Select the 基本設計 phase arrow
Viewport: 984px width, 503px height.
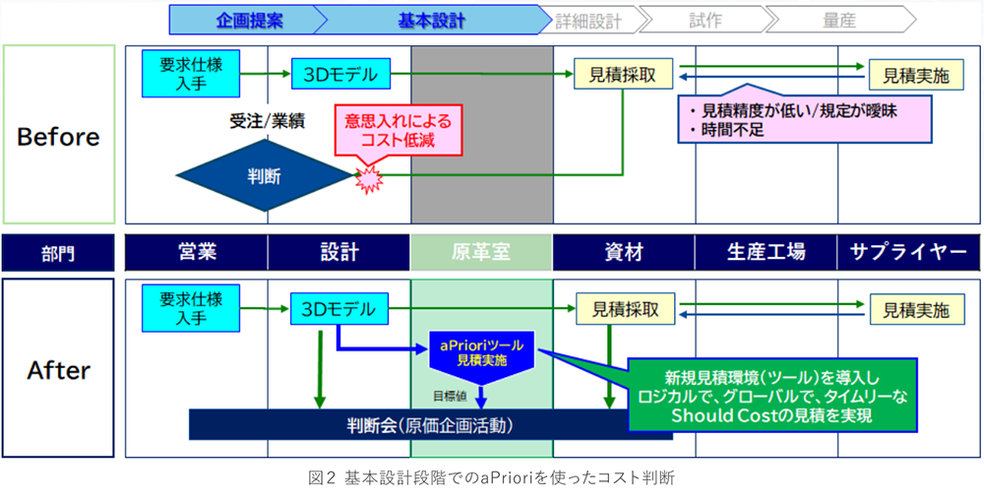(x=431, y=20)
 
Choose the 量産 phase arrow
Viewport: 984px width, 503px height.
(x=838, y=20)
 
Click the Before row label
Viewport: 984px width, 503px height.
(x=58, y=135)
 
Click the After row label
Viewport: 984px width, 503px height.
(x=58, y=370)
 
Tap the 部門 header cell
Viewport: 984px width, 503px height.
(x=58, y=253)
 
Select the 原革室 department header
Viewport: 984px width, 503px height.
(x=481, y=253)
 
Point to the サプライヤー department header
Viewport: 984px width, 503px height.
(x=909, y=253)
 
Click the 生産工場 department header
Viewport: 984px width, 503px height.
(x=766, y=253)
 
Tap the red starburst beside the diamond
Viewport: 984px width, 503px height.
(x=368, y=177)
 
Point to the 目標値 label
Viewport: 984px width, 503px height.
(x=452, y=396)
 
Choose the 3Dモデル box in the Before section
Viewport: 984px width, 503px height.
(x=340, y=73)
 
